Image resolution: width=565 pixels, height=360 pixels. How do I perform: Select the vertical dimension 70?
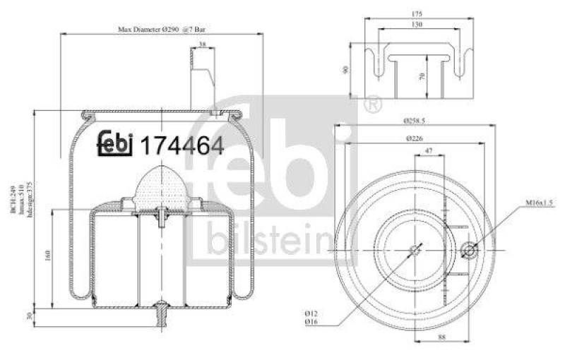click(x=422, y=77)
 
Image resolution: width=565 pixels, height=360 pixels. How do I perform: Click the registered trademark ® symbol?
click(x=371, y=105)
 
